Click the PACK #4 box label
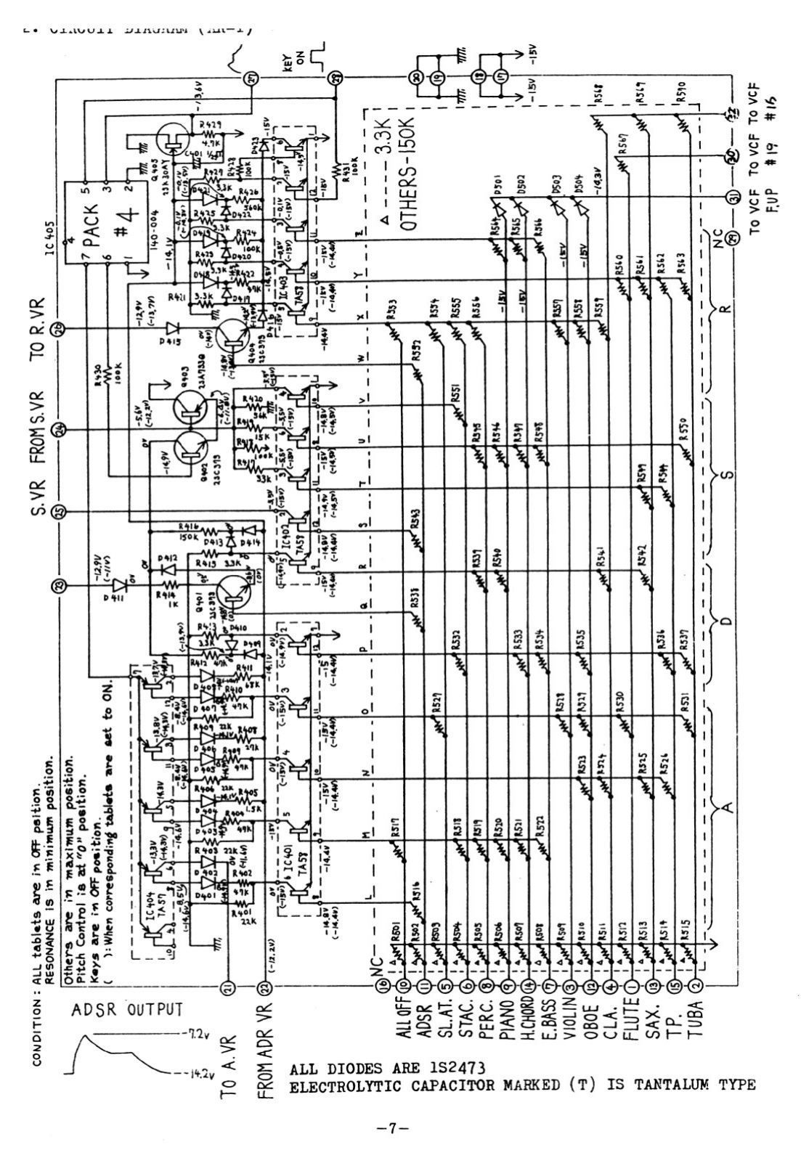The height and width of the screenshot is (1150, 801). pos(106,218)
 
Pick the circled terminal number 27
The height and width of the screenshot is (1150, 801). pos(253,80)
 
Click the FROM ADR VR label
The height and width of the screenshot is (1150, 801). pos(265,1043)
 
